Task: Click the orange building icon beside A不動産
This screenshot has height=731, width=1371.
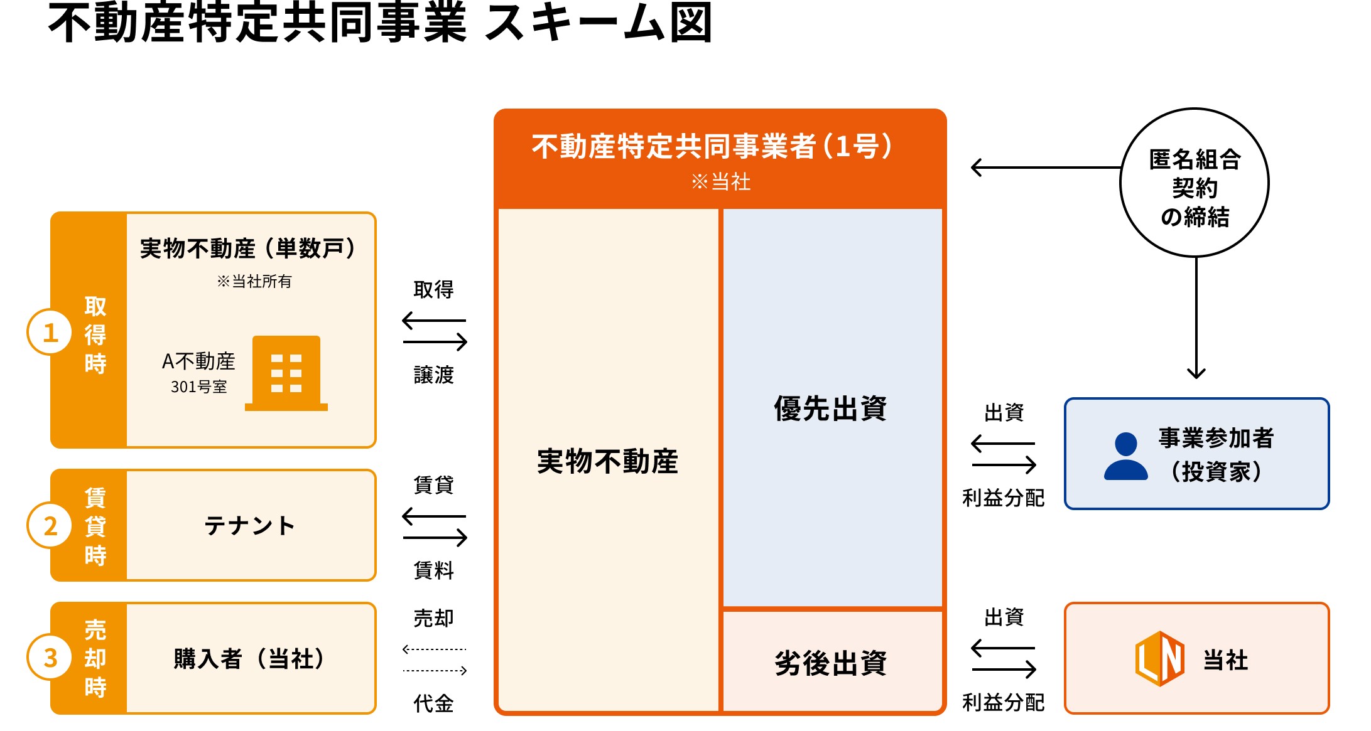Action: [x=286, y=373]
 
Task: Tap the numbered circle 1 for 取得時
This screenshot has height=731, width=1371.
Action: [x=50, y=332]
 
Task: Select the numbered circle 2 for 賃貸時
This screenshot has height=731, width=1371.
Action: [x=50, y=525]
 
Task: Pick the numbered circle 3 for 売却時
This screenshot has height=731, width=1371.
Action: [x=50, y=658]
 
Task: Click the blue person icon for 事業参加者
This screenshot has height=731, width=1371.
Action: [x=1125, y=456]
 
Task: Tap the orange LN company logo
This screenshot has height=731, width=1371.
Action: [x=1160, y=659]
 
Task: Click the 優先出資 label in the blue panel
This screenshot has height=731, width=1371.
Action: [x=830, y=408]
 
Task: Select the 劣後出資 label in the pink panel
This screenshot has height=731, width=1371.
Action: [x=830, y=663]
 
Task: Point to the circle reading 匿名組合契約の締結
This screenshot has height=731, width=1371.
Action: [x=1195, y=183]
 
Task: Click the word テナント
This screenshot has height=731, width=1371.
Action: [x=249, y=526]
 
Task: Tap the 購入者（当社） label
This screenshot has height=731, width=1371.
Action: [x=249, y=659]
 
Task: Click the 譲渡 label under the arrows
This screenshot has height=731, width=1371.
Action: [x=433, y=375]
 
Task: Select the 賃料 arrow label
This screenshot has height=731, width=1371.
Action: [x=433, y=570]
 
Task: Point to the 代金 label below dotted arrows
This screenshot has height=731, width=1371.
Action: [x=433, y=703]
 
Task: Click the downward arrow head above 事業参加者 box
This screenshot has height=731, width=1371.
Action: [x=1196, y=373]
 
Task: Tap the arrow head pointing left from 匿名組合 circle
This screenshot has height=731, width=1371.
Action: [x=976, y=168]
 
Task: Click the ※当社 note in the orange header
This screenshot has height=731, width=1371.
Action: [x=720, y=182]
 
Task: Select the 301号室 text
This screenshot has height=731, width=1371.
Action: [x=198, y=387]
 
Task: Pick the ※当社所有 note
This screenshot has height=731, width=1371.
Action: [x=254, y=281]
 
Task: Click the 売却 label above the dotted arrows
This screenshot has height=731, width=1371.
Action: [x=433, y=618]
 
